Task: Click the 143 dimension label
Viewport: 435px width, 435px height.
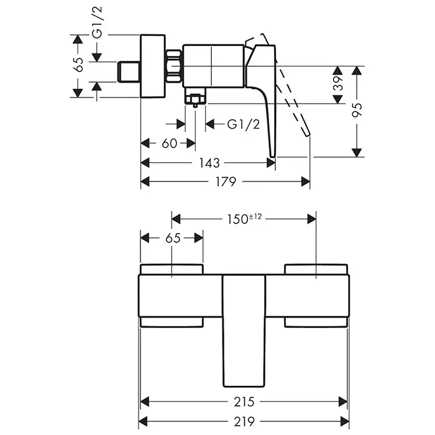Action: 210,163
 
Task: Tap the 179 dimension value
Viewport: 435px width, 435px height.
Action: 226,181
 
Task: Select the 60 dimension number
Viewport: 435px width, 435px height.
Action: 169,144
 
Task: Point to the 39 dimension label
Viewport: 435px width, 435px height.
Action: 339,85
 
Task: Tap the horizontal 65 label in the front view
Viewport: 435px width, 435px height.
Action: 172,238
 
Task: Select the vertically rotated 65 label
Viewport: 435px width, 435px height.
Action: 78,65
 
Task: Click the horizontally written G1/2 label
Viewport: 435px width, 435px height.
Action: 242,124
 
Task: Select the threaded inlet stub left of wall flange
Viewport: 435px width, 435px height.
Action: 129,71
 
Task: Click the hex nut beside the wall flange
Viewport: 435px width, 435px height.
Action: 175,65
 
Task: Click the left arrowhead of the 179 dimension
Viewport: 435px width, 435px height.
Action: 145,181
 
